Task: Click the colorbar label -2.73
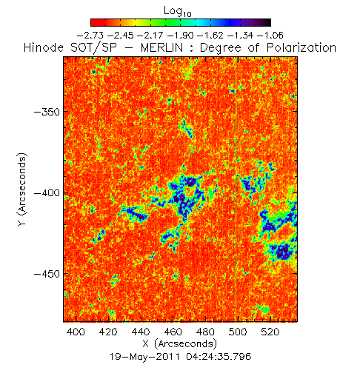(90, 36)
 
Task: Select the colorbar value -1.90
(180, 36)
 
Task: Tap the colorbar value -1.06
(270, 36)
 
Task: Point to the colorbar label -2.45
(120, 36)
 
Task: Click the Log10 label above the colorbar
(178, 11)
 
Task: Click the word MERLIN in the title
(161, 47)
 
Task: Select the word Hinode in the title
(44, 47)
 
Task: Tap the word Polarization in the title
(301, 47)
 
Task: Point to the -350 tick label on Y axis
(47, 112)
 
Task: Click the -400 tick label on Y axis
(47, 192)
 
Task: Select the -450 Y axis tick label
(47, 274)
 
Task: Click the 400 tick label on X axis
(76, 332)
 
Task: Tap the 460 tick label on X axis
(173, 332)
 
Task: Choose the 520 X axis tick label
(270, 332)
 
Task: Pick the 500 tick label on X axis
(238, 332)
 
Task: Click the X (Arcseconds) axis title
(180, 343)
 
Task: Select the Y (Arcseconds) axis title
(22, 189)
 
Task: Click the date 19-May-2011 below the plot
(144, 357)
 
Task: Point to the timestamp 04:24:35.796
(219, 357)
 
